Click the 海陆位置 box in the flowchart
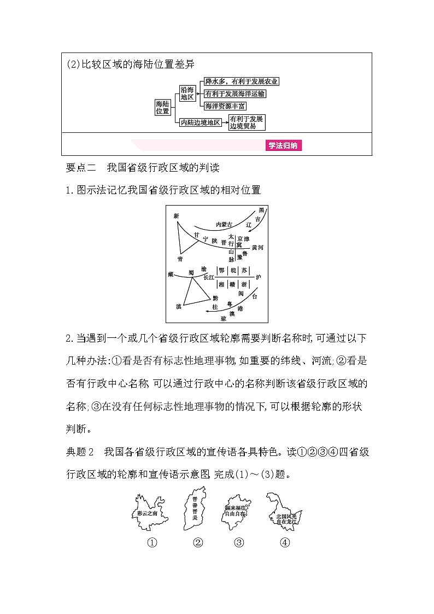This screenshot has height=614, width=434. [x=162, y=107]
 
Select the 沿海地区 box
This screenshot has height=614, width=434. [x=187, y=93]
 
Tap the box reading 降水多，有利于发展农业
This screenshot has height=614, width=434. [x=241, y=81]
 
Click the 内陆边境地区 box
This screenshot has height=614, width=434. [x=201, y=122]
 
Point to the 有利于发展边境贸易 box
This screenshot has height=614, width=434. [x=247, y=122]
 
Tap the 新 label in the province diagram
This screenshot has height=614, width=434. [x=176, y=216]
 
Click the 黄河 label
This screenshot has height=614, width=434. [x=258, y=248]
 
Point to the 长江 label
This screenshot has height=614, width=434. [x=209, y=278]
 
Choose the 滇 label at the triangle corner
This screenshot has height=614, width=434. [x=178, y=307]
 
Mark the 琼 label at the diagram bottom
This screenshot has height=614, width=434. [x=222, y=318]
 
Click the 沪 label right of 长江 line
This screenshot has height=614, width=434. [x=258, y=278]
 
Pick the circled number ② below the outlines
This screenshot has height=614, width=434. [x=198, y=542]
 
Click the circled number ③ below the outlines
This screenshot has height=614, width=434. [x=238, y=542]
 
